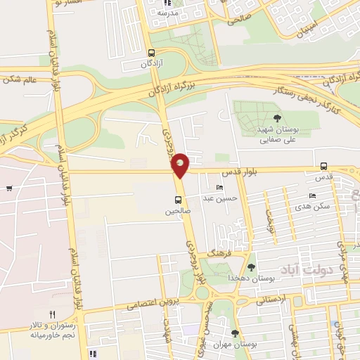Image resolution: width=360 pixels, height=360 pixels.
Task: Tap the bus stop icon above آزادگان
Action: pos(152,53)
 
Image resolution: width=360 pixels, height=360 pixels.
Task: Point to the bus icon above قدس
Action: pos(323,167)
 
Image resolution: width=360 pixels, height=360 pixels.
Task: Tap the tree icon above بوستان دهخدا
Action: pos(251,266)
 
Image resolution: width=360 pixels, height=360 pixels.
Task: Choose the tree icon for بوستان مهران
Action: pos(234,333)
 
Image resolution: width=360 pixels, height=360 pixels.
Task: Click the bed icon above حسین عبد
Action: pos(220,188)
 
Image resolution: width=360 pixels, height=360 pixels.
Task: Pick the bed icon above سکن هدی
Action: pos(312,196)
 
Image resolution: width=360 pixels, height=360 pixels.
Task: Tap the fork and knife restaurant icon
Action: pos(51,314)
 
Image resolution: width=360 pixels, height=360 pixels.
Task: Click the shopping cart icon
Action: pos(8,188)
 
